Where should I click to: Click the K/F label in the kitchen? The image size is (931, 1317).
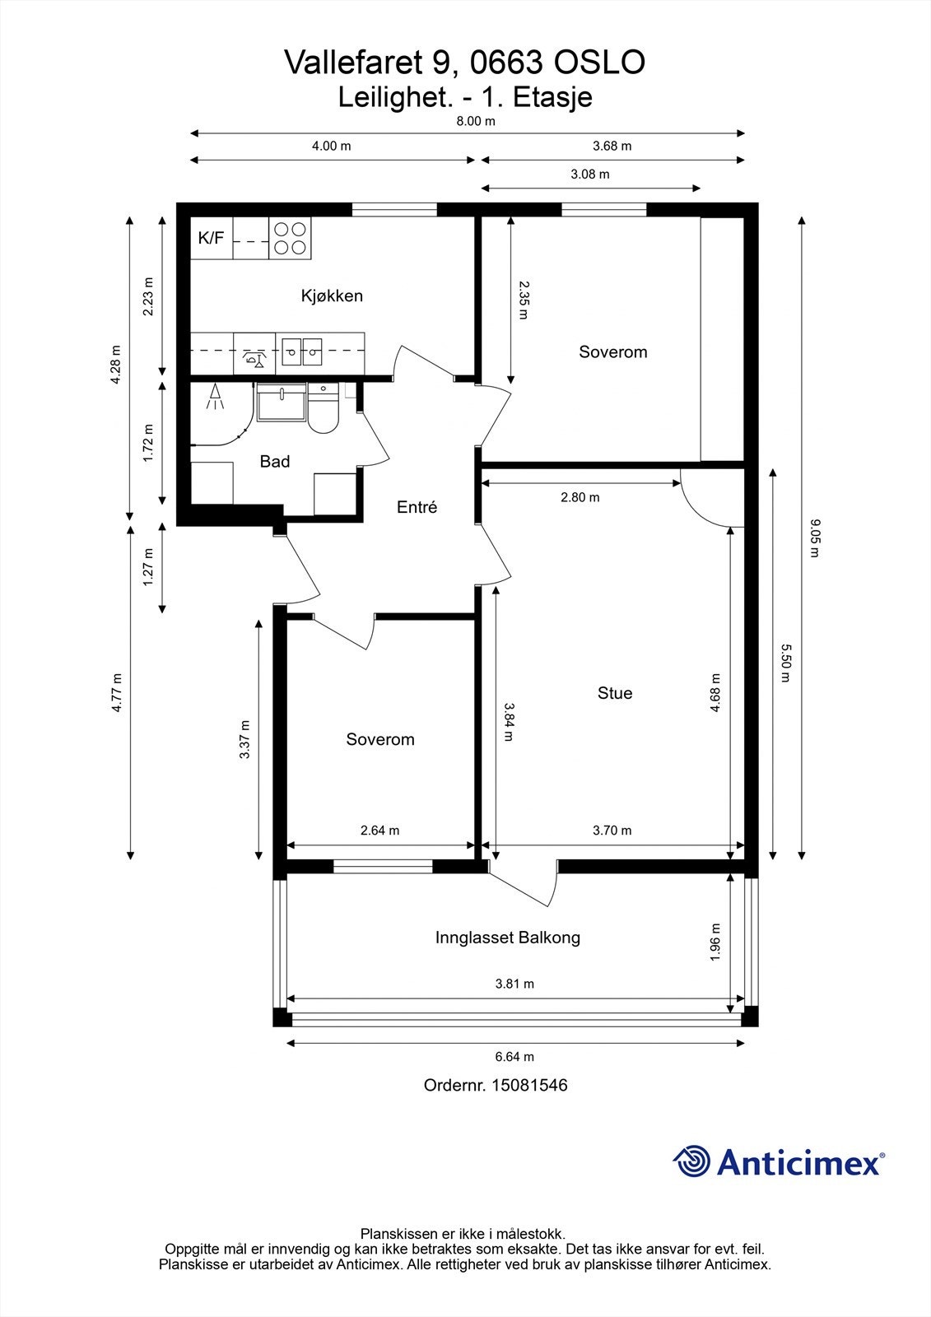(211, 238)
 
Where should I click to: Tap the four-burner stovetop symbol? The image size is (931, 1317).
(290, 238)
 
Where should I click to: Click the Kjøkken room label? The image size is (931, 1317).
(332, 296)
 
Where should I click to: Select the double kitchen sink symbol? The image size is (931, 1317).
(302, 351)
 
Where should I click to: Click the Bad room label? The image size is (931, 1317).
(275, 462)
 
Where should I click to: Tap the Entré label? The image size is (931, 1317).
(417, 507)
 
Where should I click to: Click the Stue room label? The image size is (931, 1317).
(615, 693)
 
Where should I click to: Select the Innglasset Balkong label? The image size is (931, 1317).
(508, 938)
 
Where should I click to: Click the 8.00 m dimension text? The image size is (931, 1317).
(476, 121)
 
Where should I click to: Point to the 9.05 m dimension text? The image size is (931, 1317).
(814, 538)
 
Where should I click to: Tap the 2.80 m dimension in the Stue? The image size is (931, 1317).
(580, 497)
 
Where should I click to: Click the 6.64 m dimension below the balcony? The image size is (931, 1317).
(514, 1057)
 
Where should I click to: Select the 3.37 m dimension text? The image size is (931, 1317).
(244, 740)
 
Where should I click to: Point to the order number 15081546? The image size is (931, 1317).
(529, 1086)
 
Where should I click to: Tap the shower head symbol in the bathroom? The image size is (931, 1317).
(215, 395)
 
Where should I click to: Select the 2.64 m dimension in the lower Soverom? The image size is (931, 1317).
(380, 831)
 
